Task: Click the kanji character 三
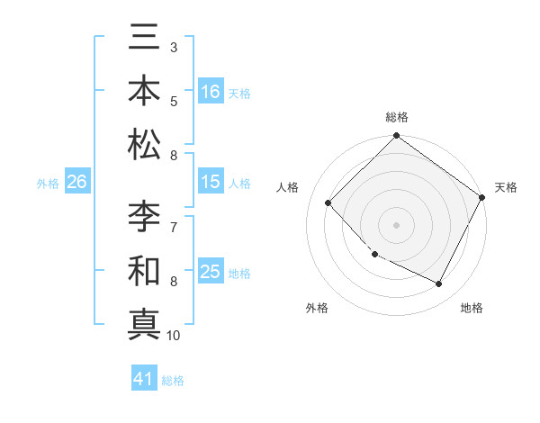point(144,40)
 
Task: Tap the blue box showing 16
point(211,91)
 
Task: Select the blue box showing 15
point(211,182)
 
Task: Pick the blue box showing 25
point(211,272)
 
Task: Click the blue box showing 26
point(77,182)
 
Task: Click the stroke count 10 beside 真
point(174,336)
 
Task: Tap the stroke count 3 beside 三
point(173,47)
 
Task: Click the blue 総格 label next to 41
point(173,381)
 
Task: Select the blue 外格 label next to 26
point(48,184)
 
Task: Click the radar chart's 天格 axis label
point(506,187)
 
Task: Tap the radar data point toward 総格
point(396,137)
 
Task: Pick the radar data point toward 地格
point(439,283)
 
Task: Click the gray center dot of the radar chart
point(396,224)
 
